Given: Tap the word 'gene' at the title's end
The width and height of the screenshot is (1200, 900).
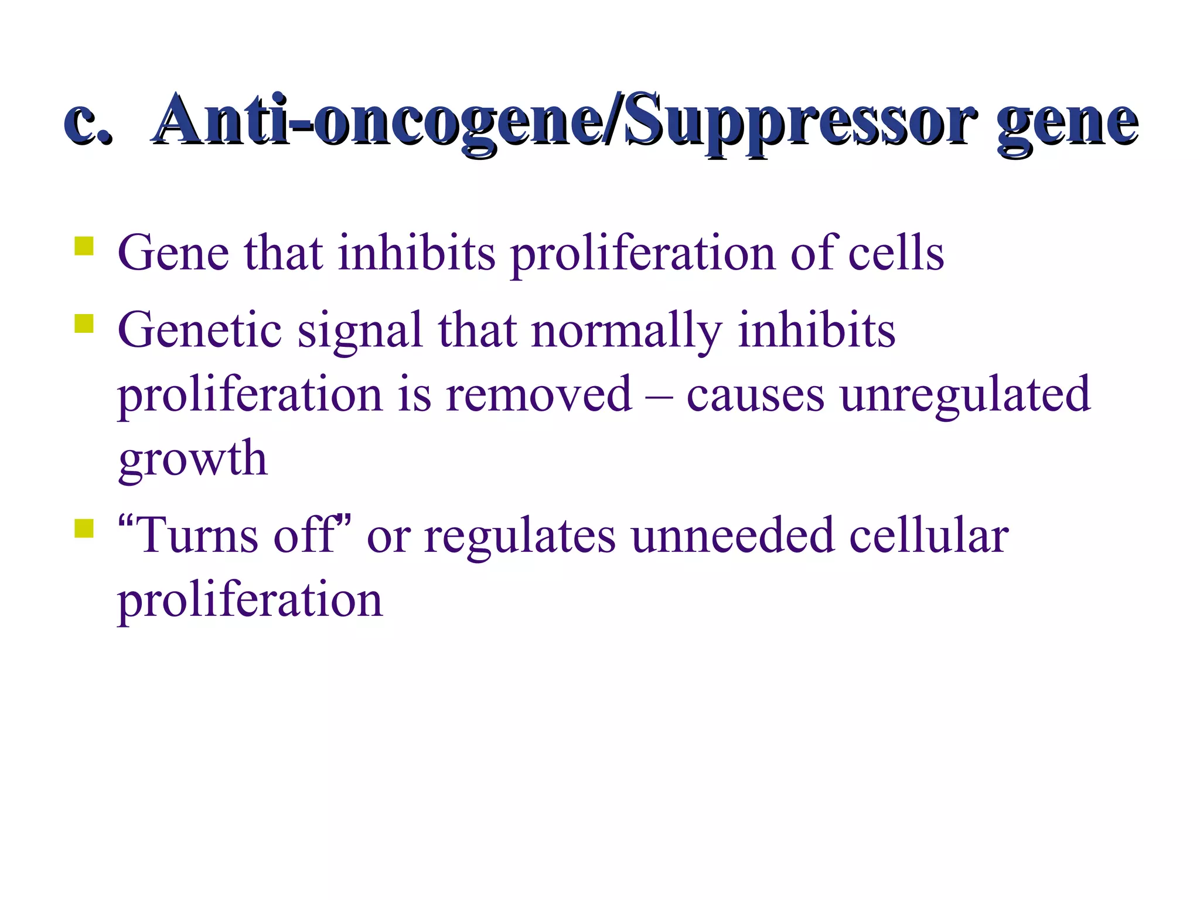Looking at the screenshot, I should coord(1068,124).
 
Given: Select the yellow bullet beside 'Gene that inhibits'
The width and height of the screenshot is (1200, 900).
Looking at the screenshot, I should coord(84,246).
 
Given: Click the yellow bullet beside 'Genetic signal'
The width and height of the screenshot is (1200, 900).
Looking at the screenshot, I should coord(84,323).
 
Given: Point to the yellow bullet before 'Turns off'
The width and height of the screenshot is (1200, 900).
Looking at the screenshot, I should coord(84,528).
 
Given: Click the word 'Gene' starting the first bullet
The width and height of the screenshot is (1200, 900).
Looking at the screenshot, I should coord(173,253).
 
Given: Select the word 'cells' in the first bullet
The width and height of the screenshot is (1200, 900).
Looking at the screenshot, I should coord(896,253).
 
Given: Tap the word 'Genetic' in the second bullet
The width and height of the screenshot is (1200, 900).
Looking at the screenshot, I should coord(200,330).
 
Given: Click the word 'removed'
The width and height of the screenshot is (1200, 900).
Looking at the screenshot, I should coord(538,394).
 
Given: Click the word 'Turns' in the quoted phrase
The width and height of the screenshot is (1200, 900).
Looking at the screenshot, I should coord(197,535).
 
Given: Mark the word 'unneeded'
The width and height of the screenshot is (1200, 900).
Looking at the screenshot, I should coord(733,535).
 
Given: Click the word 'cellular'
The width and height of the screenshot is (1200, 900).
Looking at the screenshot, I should coord(929,535).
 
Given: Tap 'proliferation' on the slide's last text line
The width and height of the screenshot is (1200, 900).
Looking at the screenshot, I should coord(250,601).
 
